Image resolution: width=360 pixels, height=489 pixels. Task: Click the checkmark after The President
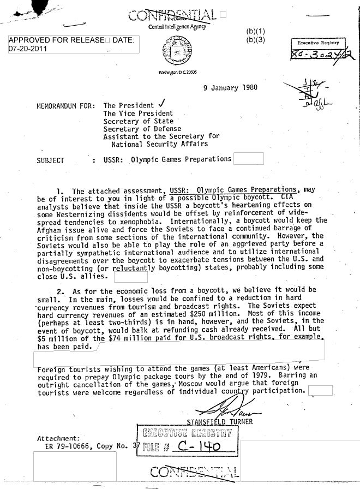click(158, 105)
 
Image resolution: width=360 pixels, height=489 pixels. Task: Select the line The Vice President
click(138, 114)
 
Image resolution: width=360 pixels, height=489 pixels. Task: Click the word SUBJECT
click(51, 160)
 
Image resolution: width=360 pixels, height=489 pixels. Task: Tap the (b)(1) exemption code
click(255, 31)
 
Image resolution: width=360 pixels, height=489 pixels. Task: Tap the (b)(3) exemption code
click(255, 40)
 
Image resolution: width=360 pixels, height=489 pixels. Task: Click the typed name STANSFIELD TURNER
click(220, 421)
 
